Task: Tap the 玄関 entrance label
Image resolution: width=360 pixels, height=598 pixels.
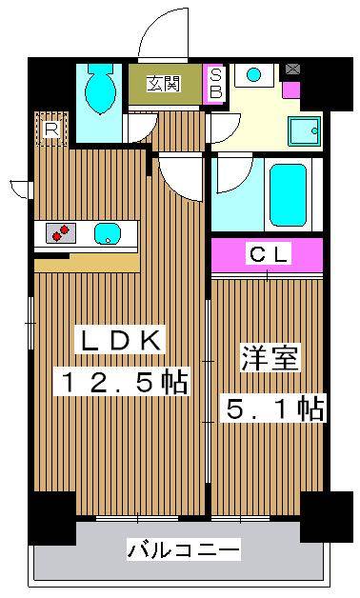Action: (x=164, y=84)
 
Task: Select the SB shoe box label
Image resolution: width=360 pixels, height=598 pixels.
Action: (x=215, y=84)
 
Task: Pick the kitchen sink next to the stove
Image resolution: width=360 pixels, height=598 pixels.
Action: (x=107, y=232)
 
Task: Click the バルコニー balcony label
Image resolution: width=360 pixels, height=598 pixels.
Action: (x=184, y=549)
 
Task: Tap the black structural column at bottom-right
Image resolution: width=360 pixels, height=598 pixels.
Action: (x=324, y=517)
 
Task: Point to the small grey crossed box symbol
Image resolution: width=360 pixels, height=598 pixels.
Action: (x=291, y=69)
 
